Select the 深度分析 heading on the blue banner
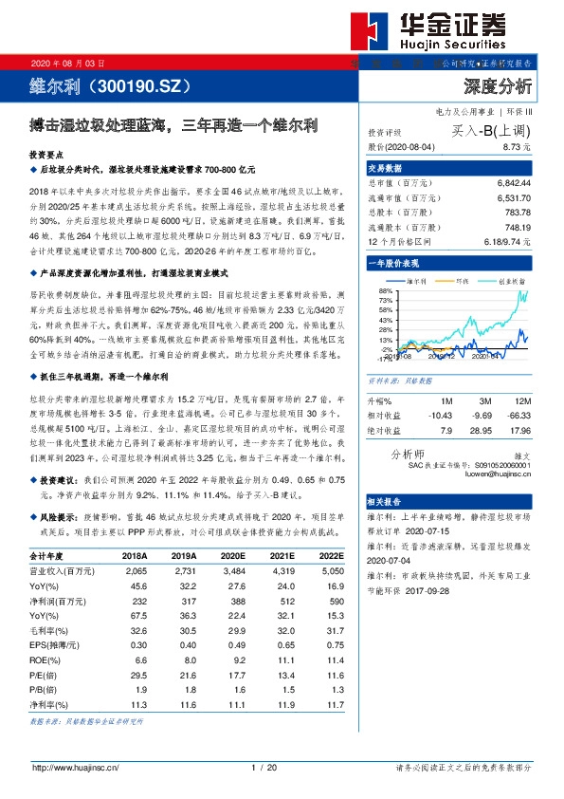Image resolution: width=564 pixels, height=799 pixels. [498, 86]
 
